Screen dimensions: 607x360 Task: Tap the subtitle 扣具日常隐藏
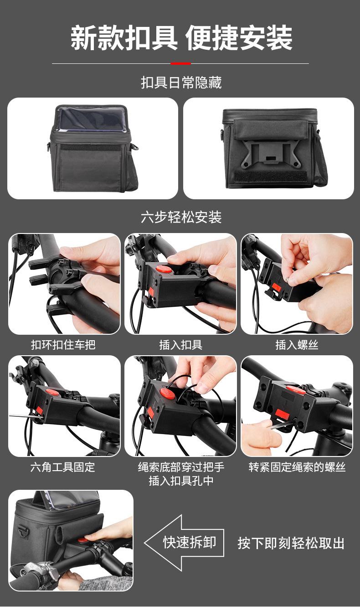[181, 83]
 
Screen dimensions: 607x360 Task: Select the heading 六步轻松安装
[181, 217]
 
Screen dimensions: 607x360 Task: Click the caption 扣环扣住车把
[63, 345]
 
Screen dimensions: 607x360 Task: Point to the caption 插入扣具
[180, 345]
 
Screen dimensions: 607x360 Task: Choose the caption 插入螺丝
[297, 345]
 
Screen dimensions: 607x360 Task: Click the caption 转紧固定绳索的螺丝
[297, 467]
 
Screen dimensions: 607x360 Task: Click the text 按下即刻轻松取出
[291, 543]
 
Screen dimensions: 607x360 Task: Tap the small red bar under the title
[180, 63]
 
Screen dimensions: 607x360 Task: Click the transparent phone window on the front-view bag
[92, 119]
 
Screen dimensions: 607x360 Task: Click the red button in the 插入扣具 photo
[164, 270]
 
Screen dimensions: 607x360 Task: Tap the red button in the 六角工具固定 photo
[52, 392]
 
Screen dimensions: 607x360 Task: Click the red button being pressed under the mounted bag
[82, 540]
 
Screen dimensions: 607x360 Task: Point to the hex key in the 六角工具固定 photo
[23, 416]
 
